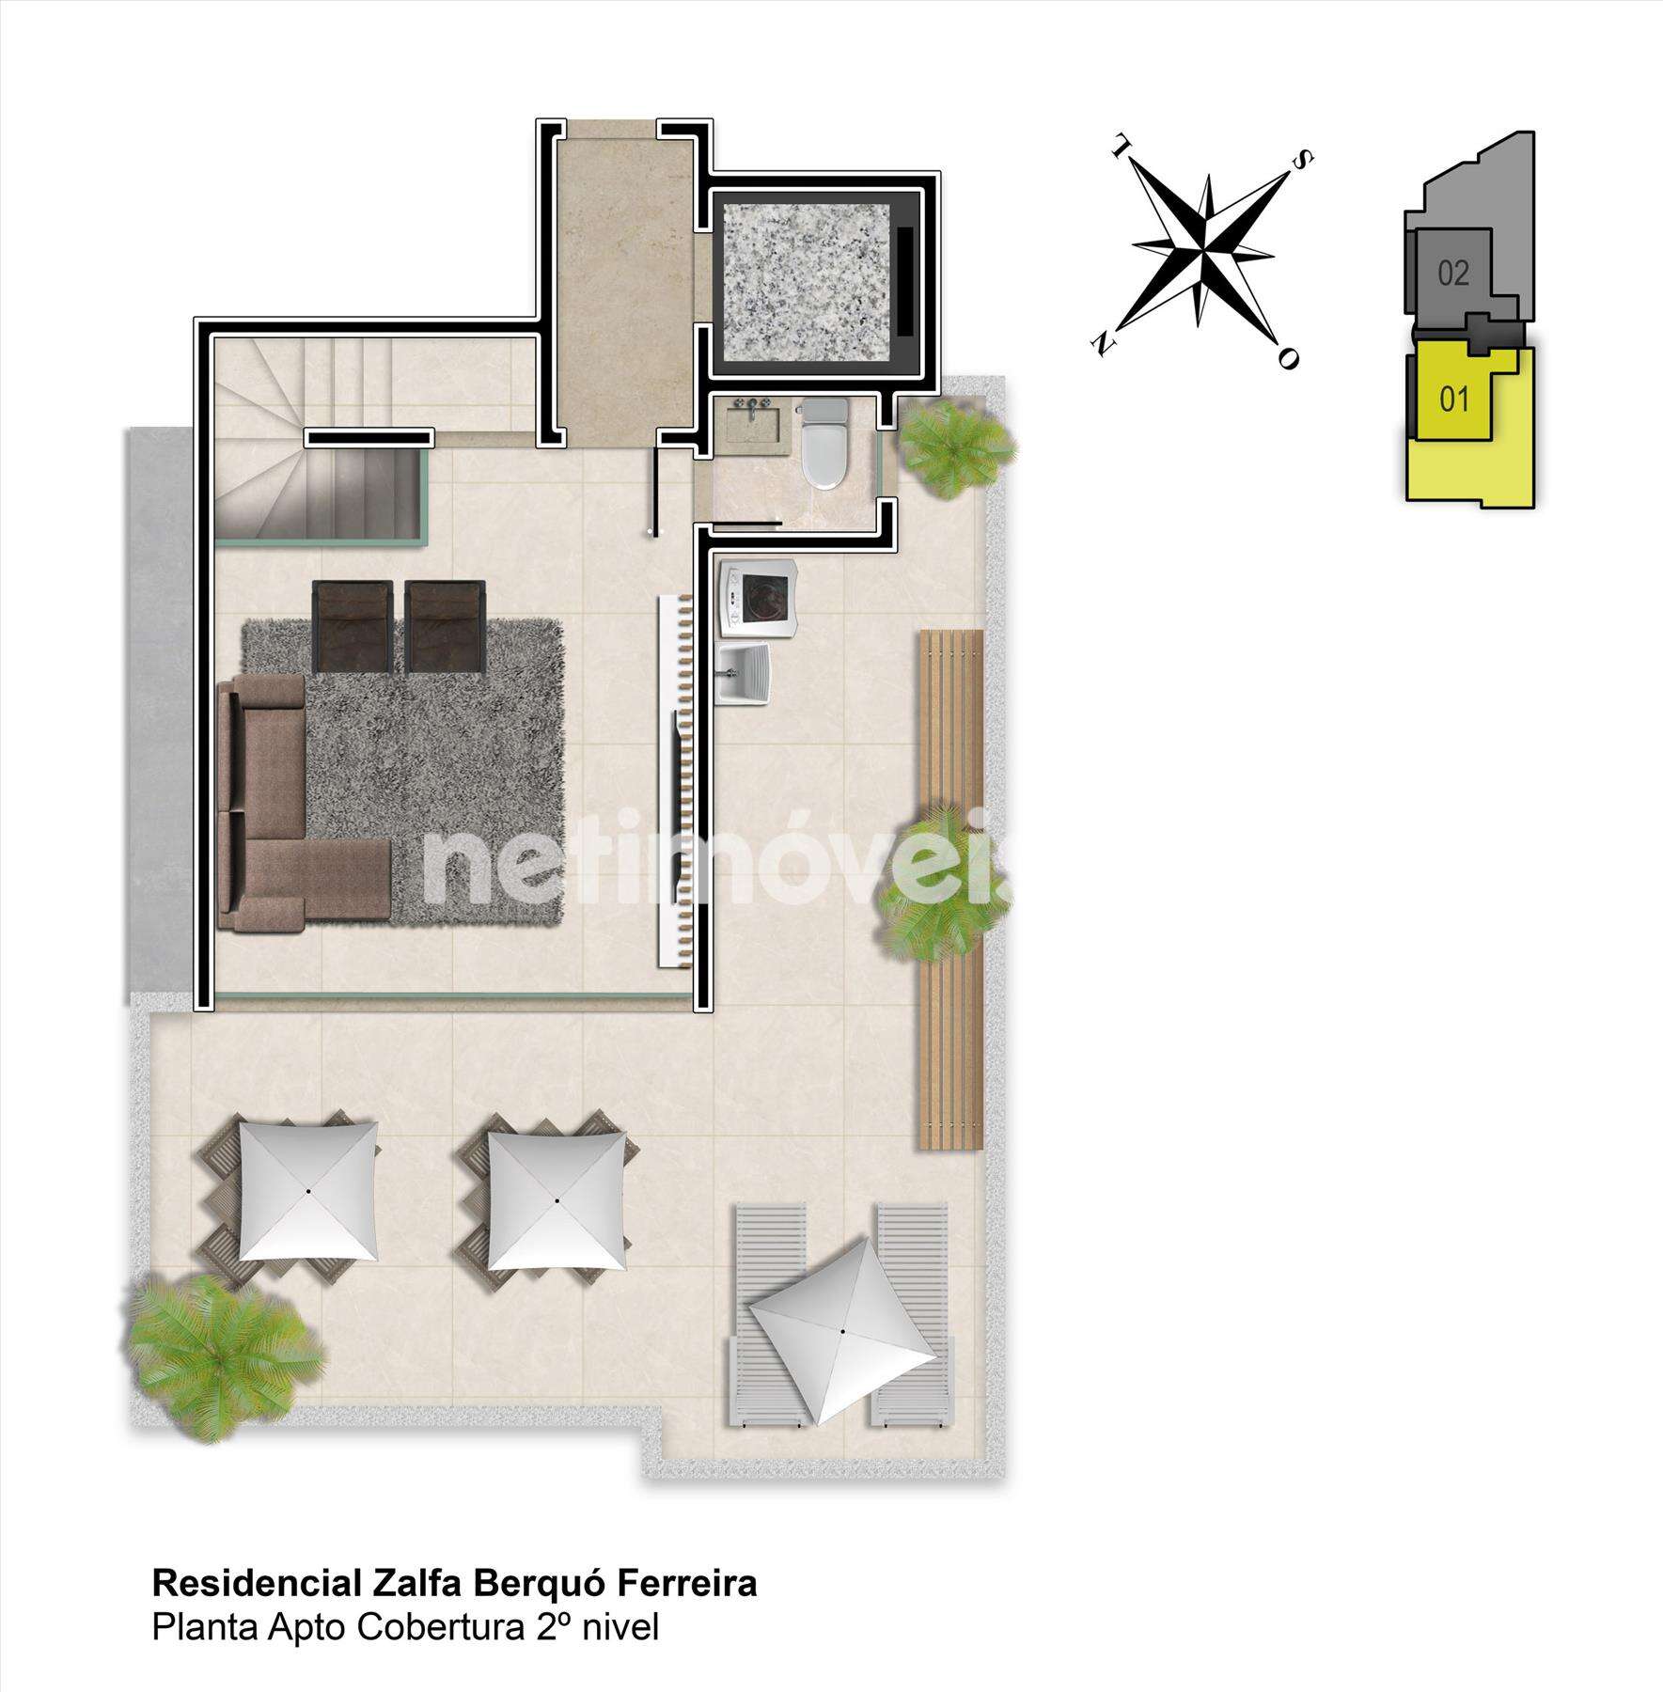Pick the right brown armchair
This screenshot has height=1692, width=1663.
click(444, 625)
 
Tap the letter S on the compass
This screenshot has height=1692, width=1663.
click(1303, 162)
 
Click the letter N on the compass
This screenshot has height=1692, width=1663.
click(1099, 343)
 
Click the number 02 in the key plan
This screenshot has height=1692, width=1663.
click(1452, 274)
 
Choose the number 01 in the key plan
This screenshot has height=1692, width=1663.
click(1453, 399)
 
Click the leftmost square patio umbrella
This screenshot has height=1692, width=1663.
click(309, 1191)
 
